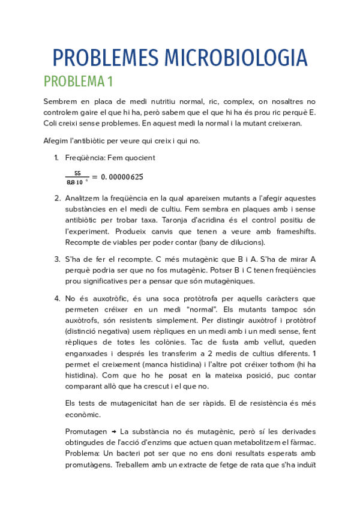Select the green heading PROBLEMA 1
(78, 82)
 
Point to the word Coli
(52, 123)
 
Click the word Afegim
(56, 141)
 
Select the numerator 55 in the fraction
(77, 173)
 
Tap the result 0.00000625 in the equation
(122, 177)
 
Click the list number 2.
(56, 198)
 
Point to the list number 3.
(56, 259)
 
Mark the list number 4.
(56, 298)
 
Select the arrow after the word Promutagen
(114, 432)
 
